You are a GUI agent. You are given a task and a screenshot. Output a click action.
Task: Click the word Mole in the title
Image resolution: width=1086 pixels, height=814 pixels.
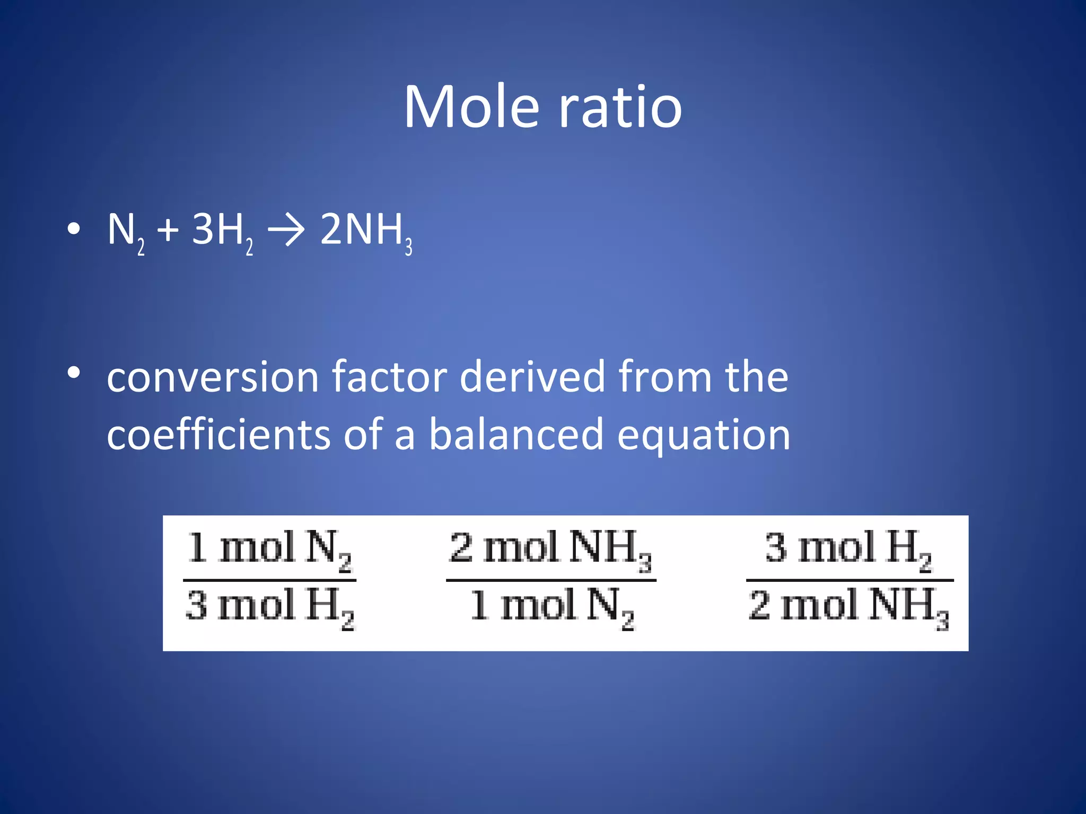[x=472, y=107]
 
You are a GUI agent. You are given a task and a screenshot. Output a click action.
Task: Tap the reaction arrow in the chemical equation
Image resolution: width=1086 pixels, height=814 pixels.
[x=286, y=231]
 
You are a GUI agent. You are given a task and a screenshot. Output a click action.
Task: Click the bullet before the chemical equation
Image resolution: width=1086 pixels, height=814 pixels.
[x=74, y=229]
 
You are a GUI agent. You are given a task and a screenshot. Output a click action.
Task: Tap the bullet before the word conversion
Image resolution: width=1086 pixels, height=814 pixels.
[x=74, y=373]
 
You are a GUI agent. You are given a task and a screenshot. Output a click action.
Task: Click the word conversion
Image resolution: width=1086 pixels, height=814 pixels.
[x=213, y=377]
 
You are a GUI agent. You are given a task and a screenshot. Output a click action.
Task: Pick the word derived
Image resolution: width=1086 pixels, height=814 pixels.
[x=532, y=377]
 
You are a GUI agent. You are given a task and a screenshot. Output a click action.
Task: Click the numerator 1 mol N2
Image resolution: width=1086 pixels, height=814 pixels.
[x=269, y=548]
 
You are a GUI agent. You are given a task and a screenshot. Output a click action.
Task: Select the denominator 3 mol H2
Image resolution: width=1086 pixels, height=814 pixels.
[x=269, y=607]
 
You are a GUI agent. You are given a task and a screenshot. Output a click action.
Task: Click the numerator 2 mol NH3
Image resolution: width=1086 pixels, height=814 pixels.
[x=550, y=548]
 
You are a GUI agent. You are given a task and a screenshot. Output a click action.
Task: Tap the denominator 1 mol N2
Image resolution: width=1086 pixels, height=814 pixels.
[x=551, y=607]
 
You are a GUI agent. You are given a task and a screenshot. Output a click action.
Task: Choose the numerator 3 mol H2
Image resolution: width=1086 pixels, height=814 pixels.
[x=848, y=548]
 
